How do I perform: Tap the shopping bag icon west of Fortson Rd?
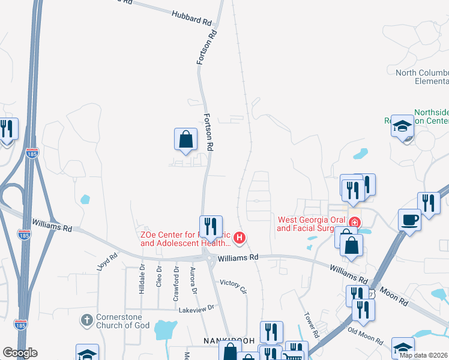pos(185,139)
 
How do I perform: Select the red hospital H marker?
pos(240,238)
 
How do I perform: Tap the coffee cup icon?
pos(409,219)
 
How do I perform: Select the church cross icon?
pos(87,319)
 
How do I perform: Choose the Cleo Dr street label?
pos(159,277)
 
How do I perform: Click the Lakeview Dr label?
pos(196,309)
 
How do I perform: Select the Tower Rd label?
pos(310,325)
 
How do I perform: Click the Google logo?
pos(20,353)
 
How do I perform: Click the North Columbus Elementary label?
pos(422,77)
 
